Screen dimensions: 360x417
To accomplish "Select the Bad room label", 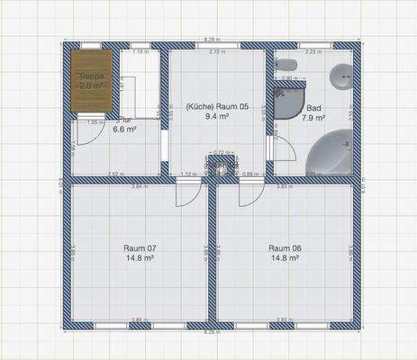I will tap(313, 107).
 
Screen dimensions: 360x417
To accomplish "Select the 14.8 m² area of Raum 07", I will tap(140, 257).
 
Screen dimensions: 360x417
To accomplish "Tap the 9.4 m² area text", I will tap(216, 116).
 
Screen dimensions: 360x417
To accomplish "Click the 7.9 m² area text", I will tap(313, 117).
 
